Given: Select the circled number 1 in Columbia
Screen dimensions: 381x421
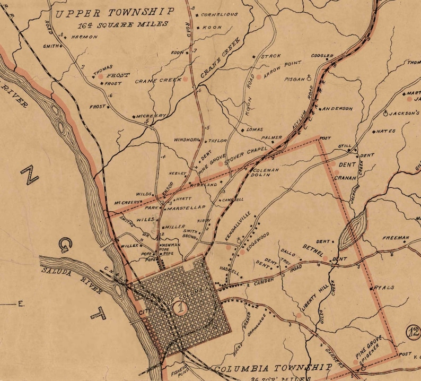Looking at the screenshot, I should pos(182,307).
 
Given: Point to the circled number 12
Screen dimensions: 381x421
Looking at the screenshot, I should pos(413,332).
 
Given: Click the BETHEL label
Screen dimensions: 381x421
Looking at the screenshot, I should pos(313,250).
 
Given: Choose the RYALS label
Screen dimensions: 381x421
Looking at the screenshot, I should pos(384,288).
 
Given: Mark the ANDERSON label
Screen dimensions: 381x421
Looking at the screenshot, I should pos(337,109).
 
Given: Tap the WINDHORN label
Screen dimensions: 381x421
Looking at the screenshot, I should pos(186,140).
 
